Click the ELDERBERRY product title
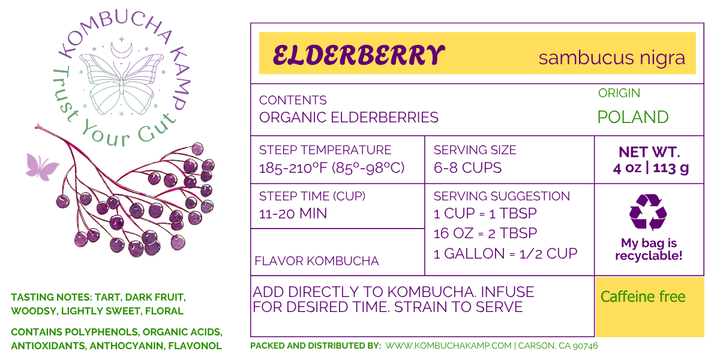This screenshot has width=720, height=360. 359,55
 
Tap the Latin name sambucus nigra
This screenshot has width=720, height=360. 612,58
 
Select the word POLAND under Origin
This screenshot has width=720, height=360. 633,117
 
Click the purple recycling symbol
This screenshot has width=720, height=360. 648,212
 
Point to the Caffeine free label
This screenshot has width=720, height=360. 643,296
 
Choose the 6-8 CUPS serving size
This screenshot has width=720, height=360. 467,168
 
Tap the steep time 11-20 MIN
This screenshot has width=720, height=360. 293,214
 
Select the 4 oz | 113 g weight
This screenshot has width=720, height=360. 650,168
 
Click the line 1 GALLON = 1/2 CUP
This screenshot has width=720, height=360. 505,254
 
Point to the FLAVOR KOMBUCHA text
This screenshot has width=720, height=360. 317,261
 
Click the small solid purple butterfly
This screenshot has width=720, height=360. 42,167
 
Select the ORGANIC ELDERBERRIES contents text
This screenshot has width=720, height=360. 349,118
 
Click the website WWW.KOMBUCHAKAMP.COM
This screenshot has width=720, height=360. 448,346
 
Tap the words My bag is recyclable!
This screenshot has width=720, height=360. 649,249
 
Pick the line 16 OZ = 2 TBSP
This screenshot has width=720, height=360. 485,233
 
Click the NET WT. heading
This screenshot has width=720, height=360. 649,152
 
